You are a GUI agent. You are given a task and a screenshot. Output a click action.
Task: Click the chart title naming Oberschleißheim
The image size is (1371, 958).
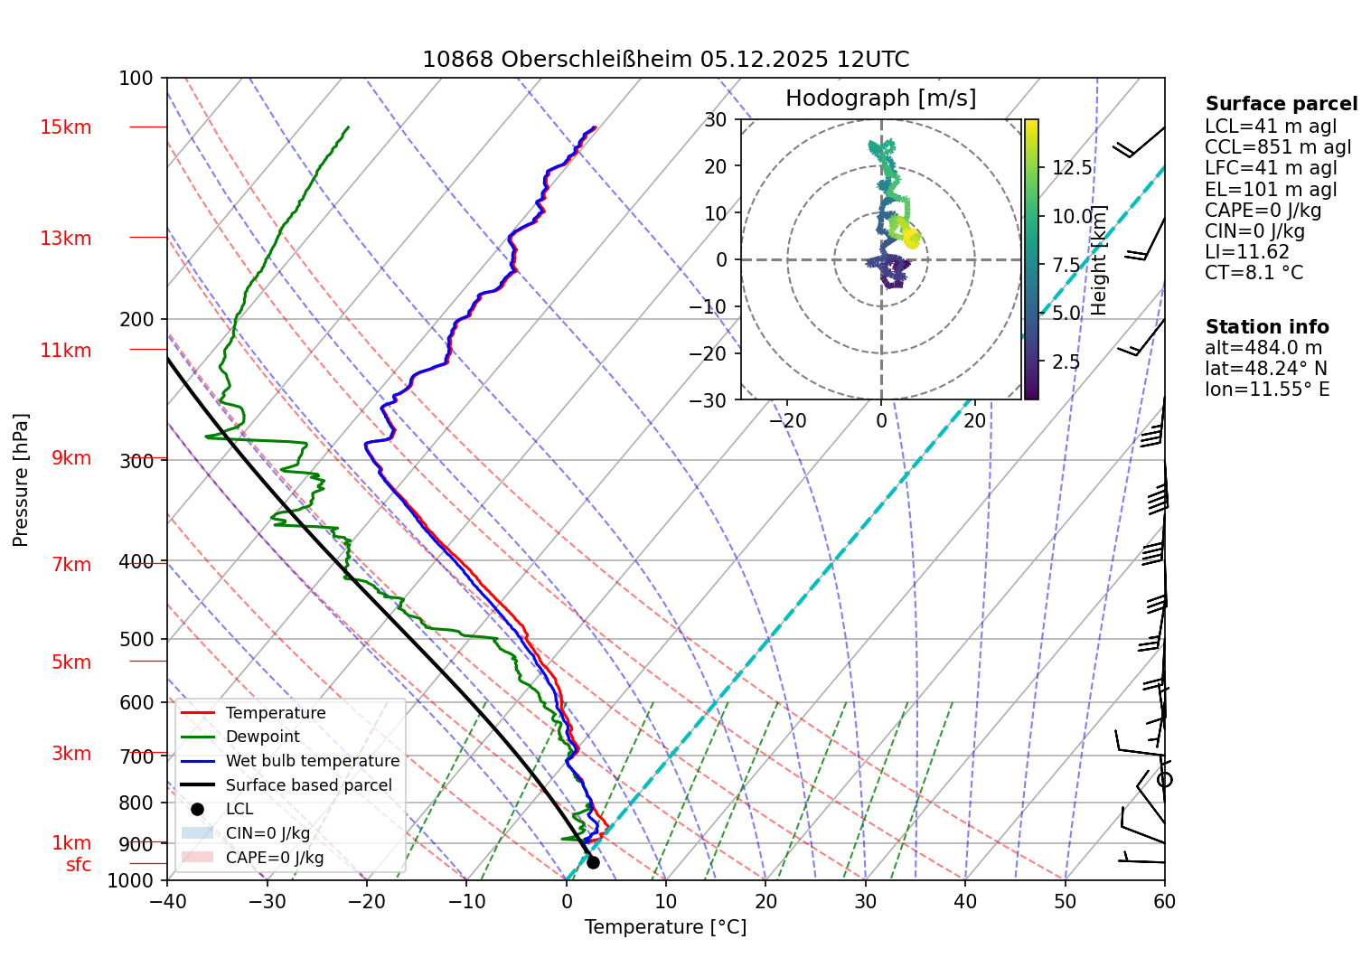point(665,60)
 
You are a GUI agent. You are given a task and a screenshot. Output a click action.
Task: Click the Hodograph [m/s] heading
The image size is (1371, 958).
point(880,98)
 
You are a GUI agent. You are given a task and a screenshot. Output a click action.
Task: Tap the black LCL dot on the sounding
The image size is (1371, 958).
point(593,862)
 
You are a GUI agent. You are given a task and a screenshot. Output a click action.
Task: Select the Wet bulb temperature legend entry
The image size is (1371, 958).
point(312,761)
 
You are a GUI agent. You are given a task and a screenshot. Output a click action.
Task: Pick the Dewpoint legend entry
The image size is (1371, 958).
point(262,737)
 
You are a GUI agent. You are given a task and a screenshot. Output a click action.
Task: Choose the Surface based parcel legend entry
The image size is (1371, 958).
point(308,785)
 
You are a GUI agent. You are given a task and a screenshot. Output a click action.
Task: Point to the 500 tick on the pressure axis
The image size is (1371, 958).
point(136,639)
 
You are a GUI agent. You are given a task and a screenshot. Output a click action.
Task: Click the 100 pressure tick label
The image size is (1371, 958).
point(136,79)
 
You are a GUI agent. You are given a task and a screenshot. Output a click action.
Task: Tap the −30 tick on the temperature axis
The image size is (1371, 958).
point(267,901)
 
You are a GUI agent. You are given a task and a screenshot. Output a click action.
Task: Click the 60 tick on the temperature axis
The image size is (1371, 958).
point(1164,901)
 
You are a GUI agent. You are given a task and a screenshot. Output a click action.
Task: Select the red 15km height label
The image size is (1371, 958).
point(66,127)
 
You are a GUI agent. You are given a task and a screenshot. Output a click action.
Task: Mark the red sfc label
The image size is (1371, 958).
point(79,865)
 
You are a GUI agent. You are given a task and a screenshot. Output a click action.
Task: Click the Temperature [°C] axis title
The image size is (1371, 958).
point(665,927)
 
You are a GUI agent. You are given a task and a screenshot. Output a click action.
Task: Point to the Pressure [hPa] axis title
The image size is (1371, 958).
point(21,480)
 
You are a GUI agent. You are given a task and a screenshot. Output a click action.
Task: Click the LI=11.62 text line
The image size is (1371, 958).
point(1247,252)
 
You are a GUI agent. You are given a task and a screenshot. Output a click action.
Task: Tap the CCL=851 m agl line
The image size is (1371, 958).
point(1278,147)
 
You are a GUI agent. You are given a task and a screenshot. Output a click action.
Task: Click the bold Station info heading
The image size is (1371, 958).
point(1267,327)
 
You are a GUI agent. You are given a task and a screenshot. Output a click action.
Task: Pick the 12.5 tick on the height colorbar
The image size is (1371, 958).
point(1072,168)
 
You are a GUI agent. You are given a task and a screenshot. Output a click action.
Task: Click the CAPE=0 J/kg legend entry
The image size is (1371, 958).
point(274,858)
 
